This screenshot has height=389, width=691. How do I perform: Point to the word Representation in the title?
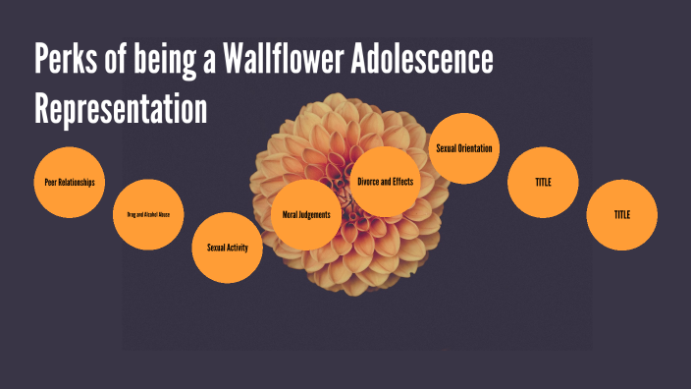point(121,108)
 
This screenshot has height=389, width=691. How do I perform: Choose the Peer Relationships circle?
point(69,183)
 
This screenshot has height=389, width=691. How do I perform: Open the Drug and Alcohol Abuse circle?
point(148,214)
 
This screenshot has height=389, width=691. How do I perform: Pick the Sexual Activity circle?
point(228,248)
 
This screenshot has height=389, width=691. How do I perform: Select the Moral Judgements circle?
point(306,214)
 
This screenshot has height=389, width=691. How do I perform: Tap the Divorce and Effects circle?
point(386,182)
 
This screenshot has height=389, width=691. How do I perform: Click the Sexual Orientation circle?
point(464,148)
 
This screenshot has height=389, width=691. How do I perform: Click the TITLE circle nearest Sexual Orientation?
point(543,183)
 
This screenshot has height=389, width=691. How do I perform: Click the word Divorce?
point(370,182)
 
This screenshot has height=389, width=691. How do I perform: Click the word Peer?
point(51,183)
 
